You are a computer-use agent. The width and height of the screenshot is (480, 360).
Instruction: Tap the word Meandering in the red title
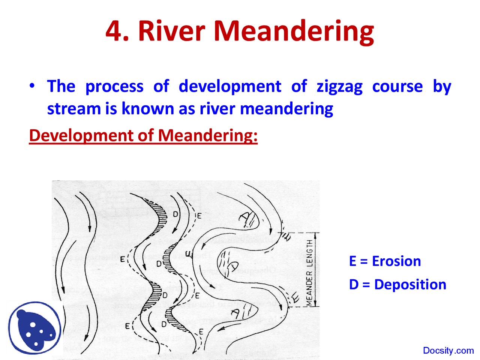(294, 31)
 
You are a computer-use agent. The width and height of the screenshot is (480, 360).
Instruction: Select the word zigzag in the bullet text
(339, 87)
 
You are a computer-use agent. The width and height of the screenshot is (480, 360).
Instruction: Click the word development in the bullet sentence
(229, 87)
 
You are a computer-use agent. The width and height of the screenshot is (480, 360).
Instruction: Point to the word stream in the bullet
(73, 109)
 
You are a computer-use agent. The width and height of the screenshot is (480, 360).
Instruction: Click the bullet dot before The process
(33, 86)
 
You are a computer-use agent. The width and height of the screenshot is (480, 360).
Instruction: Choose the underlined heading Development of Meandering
(143, 135)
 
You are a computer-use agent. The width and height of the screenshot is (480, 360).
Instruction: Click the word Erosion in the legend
(396, 261)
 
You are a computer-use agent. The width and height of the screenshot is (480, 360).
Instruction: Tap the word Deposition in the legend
(410, 285)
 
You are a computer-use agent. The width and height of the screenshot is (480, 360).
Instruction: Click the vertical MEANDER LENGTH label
(309, 273)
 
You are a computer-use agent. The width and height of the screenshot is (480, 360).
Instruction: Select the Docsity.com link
(448, 351)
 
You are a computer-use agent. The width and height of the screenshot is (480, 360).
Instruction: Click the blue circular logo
(34, 328)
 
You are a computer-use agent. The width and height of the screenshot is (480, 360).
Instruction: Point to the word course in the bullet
(397, 87)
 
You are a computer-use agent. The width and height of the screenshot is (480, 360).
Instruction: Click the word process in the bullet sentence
(114, 87)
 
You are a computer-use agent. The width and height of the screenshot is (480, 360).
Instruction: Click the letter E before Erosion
(352, 261)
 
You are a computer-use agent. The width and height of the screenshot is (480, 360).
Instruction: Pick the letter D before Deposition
(354, 285)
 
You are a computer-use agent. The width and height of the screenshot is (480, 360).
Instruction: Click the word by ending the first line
(442, 87)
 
